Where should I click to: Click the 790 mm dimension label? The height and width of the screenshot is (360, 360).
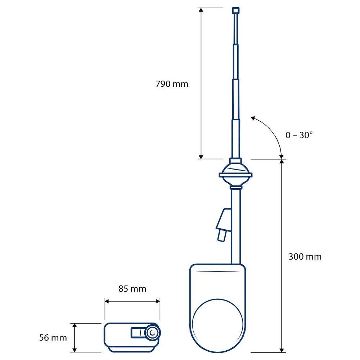172,84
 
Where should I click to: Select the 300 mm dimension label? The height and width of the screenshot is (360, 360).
305,257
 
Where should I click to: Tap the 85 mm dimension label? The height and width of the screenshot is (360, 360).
132,289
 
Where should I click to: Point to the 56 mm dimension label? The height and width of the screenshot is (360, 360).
53,338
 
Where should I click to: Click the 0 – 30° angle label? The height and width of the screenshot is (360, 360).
299,135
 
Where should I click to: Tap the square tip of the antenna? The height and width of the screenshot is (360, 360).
236,10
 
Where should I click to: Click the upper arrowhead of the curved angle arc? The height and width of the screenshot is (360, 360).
253,118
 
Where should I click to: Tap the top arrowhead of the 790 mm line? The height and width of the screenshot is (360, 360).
201,10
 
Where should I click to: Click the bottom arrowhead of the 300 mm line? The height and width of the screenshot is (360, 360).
282,350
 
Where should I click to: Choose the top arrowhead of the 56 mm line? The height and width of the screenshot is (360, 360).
75,325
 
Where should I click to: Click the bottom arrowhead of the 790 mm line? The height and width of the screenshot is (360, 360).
201,156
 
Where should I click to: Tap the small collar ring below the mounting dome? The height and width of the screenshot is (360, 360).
236,187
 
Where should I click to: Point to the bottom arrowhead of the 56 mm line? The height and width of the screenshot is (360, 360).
75,350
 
